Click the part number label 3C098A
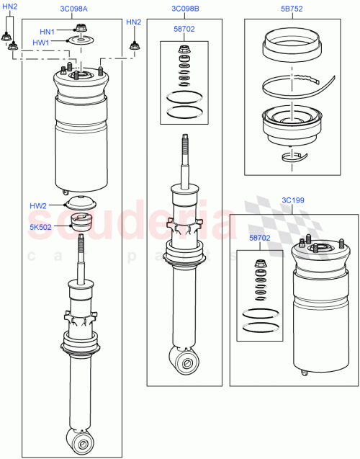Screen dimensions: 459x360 click(75, 9)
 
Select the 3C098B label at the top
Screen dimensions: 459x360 click(185, 9)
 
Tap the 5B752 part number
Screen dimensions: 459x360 click(292, 9)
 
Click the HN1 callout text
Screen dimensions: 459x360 click(47, 32)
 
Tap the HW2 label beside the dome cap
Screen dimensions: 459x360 click(38, 206)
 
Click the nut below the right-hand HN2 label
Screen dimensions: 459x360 click(133, 48)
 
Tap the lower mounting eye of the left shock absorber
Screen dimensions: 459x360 click(80, 439)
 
